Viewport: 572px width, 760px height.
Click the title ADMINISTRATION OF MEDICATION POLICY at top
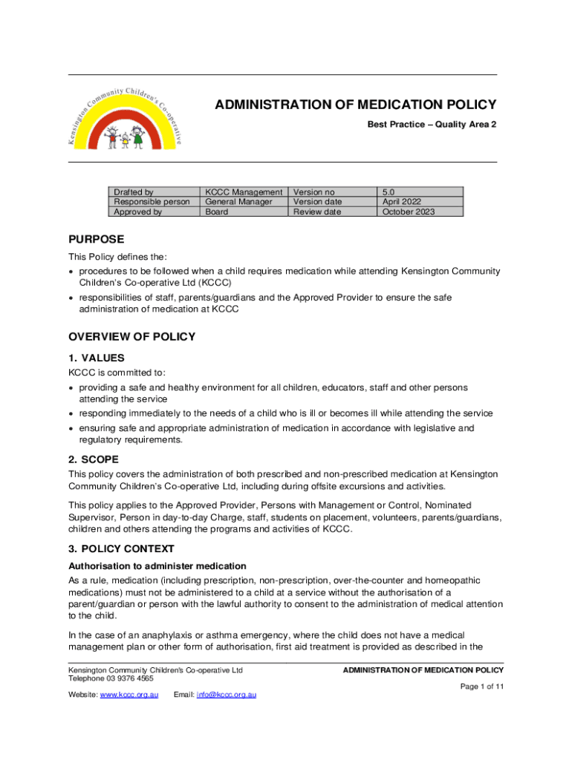pyautogui.click(x=355, y=105)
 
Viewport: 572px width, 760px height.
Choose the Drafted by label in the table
pyautogui.click(x=133, y=191)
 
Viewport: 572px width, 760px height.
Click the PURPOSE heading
pyautogui.click(x=96, y=240)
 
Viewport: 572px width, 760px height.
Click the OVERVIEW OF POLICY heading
pyautogui.click(x=131, y=337)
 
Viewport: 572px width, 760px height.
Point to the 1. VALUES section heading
pyautogui.click(x=97, y=358)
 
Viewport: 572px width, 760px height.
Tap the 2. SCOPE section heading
pyautogui.click(x=94, y=459)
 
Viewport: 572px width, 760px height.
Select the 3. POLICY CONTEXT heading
pyautogui.click(x=121, y=549)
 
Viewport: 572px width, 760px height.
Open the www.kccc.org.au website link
pyautogui.click(x=129, y=695)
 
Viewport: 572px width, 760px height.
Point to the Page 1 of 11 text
pyautogui.click(x=481, y=687)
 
